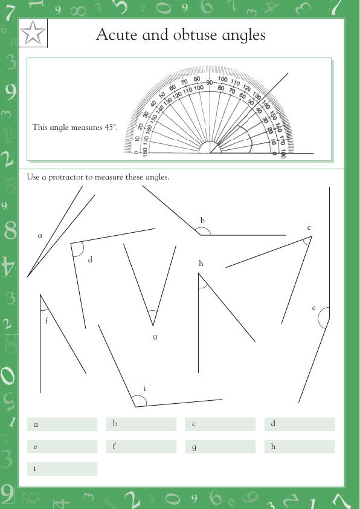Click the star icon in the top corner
click(x=33, y=34)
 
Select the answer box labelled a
click(x=62, y=424)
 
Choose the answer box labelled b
click(x=141, y=424)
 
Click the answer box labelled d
click(x=300, y=424)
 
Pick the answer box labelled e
click(x=62, y=447)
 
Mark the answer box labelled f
click(x=141, y=447)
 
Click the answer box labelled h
click(x=300, y=447)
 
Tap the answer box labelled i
click(x=62, y=469)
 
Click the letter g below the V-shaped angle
click(x=155, y=337)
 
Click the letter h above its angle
click(x=201, y=264)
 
